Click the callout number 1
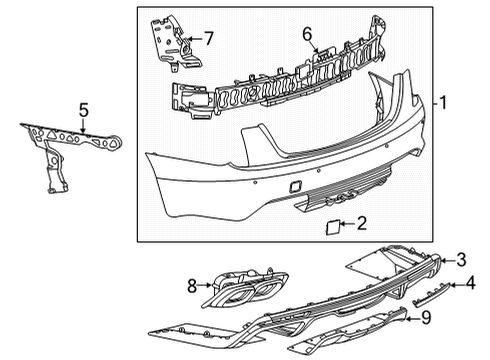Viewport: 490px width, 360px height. (443, 102)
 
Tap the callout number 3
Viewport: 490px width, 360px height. (461, 260)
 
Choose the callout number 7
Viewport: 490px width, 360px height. (208, 40)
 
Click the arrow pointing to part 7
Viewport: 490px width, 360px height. (195, 41)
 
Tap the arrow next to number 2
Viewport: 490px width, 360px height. (348, 225)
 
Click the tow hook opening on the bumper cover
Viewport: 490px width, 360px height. (296, 186)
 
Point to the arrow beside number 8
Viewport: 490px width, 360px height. (205, 286)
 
